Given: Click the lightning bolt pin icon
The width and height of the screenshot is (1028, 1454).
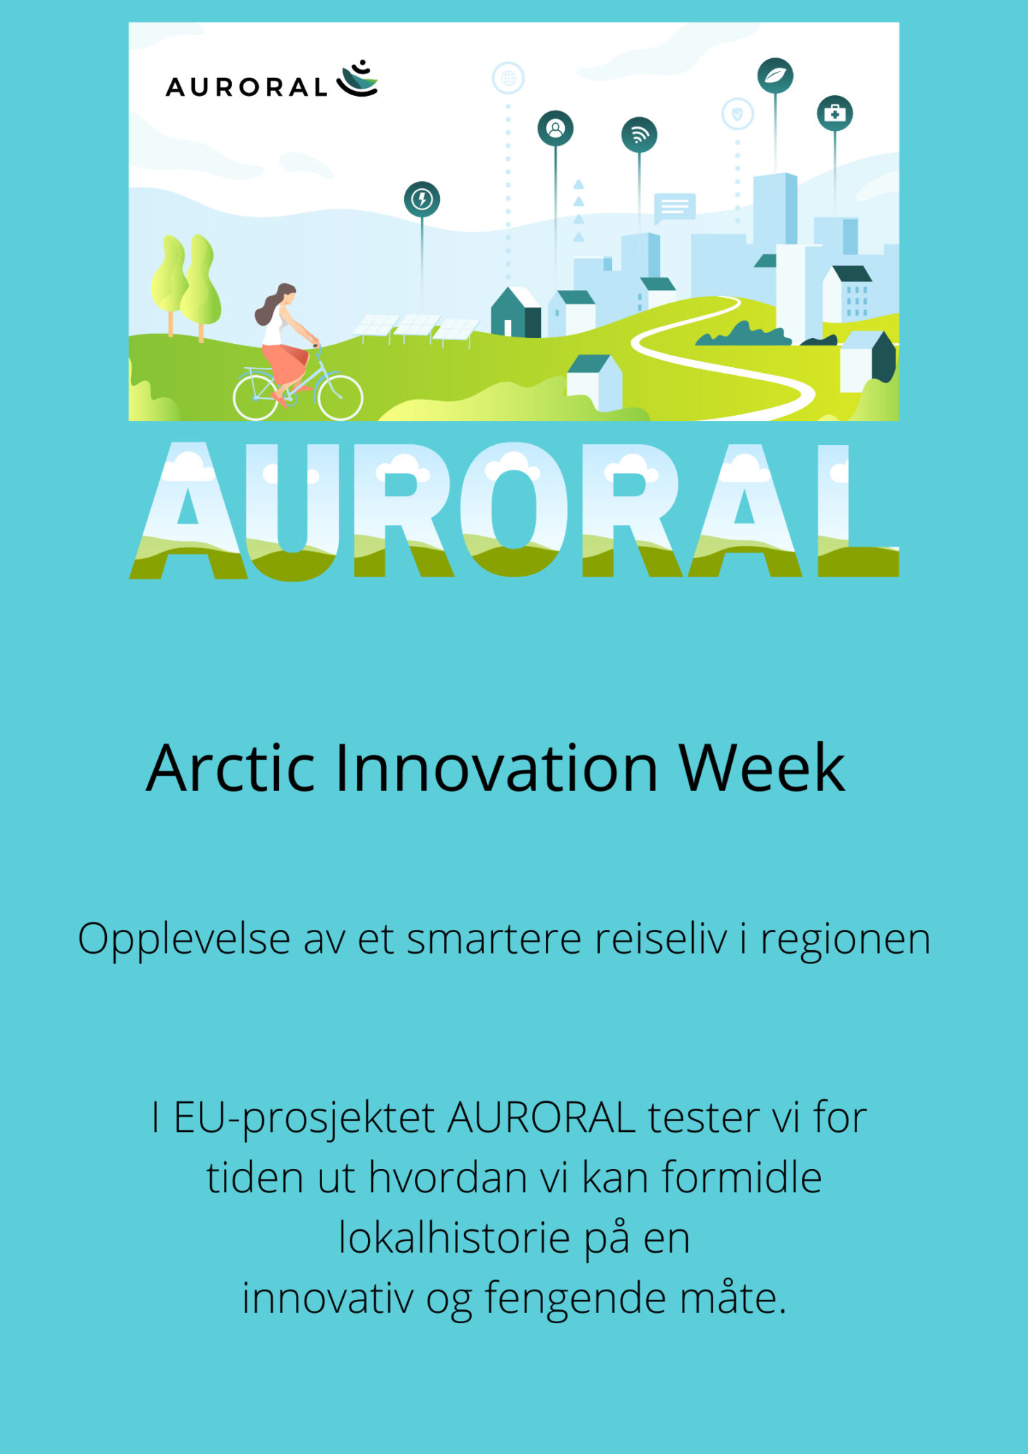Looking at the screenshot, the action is [422, 199].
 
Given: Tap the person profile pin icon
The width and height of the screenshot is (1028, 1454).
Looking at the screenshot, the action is [555, 129].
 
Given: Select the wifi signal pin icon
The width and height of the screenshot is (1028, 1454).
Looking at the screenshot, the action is [639, 135].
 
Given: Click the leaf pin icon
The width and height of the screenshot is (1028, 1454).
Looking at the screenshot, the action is [775, 76].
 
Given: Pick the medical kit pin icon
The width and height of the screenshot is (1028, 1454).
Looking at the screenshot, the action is [835, 113].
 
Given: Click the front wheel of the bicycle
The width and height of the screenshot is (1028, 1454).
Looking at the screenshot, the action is [340, 397].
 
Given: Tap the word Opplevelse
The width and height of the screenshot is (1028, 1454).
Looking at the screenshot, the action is [185, 940].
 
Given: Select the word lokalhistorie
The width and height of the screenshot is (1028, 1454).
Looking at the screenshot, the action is [454, 1237].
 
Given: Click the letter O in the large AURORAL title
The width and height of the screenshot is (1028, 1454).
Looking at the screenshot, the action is [514, 509].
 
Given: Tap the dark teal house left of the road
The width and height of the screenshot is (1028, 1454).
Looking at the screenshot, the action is [515, 313].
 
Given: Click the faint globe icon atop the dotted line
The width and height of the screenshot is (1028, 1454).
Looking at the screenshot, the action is [508, 78].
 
